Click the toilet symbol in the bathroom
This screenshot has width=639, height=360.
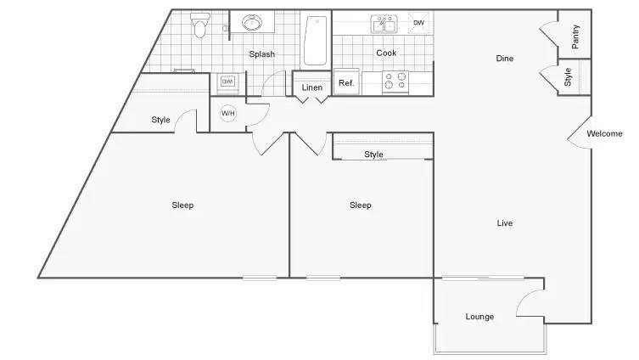(200, 25)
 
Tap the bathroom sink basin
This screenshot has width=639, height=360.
(252, 22)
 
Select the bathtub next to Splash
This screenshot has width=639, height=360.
(316, 41)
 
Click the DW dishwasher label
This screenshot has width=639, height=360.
(419, 23)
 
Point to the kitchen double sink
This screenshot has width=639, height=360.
(384, 25)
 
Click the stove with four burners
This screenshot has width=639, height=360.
(395, 82)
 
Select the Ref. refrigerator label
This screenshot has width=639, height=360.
(346, 83)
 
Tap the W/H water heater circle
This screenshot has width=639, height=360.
(227, 113)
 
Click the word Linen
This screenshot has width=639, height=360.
(312, 87)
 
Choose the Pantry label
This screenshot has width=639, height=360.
(575, 37)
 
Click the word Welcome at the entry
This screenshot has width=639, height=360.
(604, 133)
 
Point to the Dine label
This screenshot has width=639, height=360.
(505, 59)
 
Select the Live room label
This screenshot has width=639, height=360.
(505, 223)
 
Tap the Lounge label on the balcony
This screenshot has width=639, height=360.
(479, 317)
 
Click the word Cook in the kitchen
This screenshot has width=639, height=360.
(386, 53)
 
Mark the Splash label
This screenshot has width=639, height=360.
(262, 54)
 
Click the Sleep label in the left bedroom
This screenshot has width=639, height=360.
(182, 205)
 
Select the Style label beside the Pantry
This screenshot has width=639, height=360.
(568, 77)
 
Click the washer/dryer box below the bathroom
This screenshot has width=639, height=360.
(227, 82)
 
